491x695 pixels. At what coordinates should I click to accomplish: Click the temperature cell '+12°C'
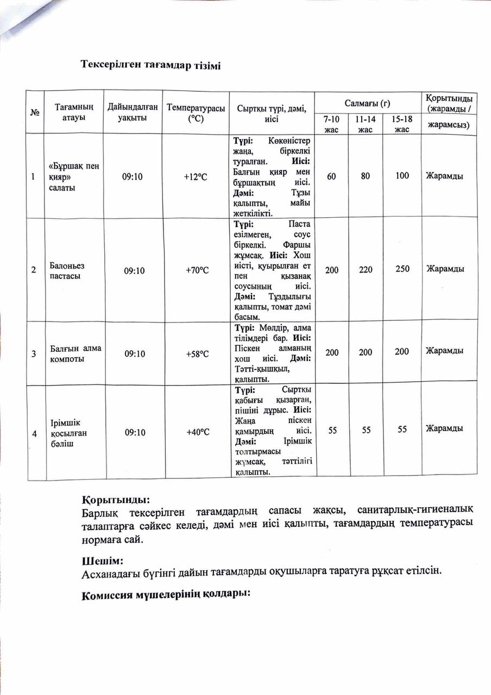click(197, 176)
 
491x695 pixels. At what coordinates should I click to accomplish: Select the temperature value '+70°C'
click(197, 269)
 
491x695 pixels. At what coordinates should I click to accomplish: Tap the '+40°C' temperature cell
click(197, 432)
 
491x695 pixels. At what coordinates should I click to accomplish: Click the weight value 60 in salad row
click(331, 176)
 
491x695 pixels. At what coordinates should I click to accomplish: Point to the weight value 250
click(402, 269)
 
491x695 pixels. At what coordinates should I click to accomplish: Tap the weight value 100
click(402, 176)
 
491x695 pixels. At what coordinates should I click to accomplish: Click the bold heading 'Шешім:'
click(102, 560)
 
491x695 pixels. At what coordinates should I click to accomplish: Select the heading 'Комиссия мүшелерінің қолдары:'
click(165, 595)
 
